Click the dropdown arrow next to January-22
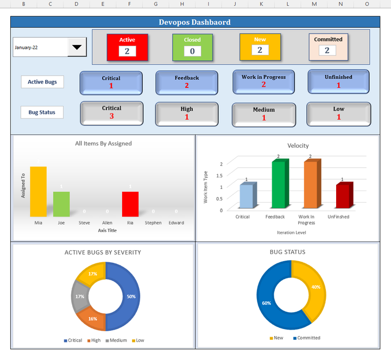[78, 47]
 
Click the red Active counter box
[127, 46]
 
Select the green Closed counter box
[192, 46]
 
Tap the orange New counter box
[260, 46]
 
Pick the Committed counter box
[327, 46]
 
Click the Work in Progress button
[263, 81]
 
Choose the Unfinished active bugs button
[338, 81]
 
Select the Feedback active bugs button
[187, 83]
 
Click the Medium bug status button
[263, 114]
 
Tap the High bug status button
[187, 113]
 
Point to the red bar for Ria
[130, 204]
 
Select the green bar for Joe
[61, 204]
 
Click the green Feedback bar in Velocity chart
[279, 185]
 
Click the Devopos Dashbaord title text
[194, 22]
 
